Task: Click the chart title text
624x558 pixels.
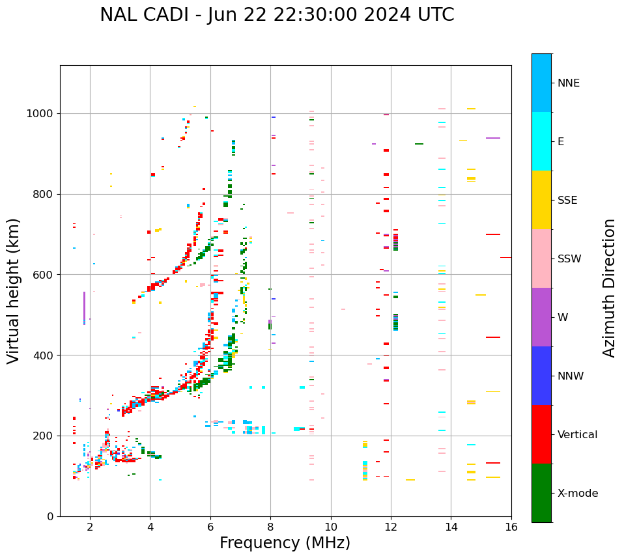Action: [x=277, y=15]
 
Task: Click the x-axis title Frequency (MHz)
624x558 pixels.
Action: [x=285, y=543]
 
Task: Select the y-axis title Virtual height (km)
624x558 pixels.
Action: [x=14, y=290]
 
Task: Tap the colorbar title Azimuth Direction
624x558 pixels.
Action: [x=609, y=288]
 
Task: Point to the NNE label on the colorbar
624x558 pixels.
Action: [x=568, y=83]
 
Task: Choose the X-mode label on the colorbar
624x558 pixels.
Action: [x=577, y=494]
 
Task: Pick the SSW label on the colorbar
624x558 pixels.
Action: [x=569, y=259]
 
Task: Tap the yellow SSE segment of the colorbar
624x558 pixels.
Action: [x=541, y=199]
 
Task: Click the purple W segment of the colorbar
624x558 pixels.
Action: [x=541, y=317]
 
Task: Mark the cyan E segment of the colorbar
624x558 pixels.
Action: [x=541, y=141]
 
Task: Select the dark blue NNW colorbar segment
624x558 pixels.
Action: [x=541, y=376]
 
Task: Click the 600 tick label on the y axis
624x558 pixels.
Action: [x=46, y=275]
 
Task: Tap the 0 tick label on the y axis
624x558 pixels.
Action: [x=51, y=516]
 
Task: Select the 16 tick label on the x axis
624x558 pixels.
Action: [x=511, y=527]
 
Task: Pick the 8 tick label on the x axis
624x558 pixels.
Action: [x=270, y=527]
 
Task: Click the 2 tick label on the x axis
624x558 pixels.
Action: [x=90, y=527]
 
